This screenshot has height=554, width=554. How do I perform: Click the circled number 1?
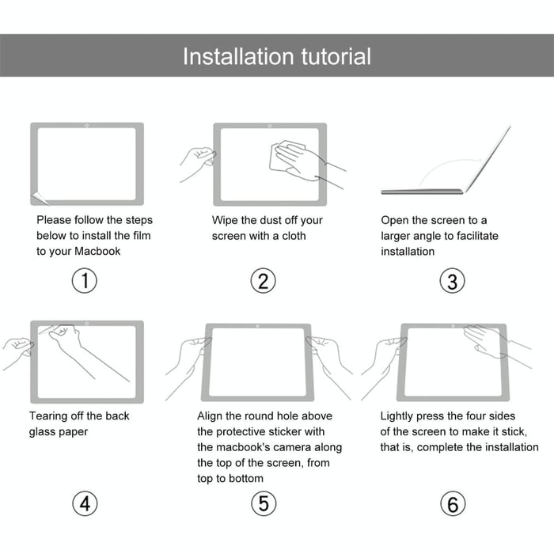coord(85,280)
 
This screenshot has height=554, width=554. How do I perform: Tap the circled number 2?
coord(264,280)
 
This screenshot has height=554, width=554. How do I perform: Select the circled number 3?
coord(452,280)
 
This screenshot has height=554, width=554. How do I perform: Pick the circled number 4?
coord(85,503)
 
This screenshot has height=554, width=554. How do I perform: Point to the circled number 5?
coord(264,503)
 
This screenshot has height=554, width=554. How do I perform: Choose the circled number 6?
coord(452,503)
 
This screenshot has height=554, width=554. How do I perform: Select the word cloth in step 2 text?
coord(290,236)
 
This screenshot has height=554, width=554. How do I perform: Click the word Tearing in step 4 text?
coord(49,416)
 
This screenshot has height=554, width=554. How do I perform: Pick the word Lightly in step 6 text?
coord(400,416)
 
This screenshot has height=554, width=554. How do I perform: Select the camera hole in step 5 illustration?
coord(259,326)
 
